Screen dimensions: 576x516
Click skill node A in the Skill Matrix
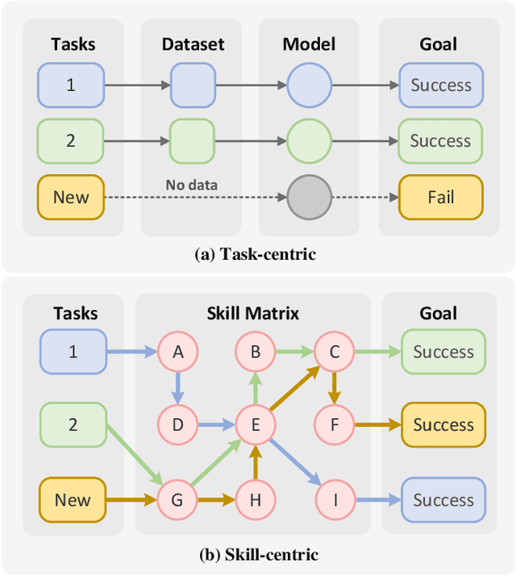tap(177, 351)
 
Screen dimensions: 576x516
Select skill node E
tap(255, 424)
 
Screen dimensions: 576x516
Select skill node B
tap(255, 351)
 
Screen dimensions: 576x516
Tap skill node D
tap(177, 424)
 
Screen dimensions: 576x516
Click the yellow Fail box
tap(440, 197)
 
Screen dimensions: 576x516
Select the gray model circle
tap(309, 197)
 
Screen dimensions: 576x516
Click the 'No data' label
tap(192, 185)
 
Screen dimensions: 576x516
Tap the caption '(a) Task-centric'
tap(256, 254)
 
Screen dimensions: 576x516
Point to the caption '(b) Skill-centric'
tap(258, 554)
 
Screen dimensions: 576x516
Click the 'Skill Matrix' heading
tap(252, 313)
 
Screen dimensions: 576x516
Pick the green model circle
tap(309, 140)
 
